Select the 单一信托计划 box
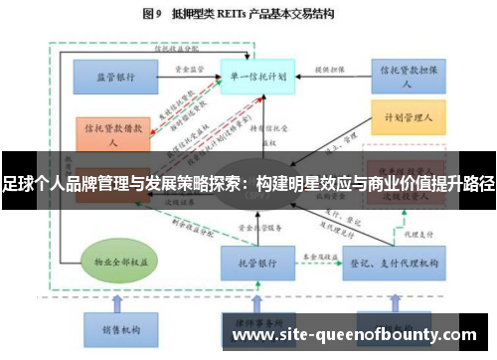click(x=256, y=76)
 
